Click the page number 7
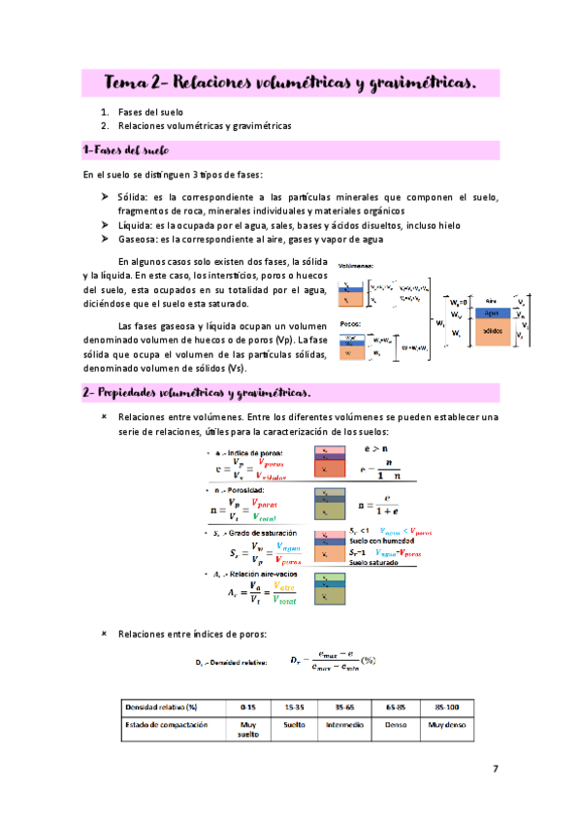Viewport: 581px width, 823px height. (496, 769)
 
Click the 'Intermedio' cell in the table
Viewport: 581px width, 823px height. (346, 724)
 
